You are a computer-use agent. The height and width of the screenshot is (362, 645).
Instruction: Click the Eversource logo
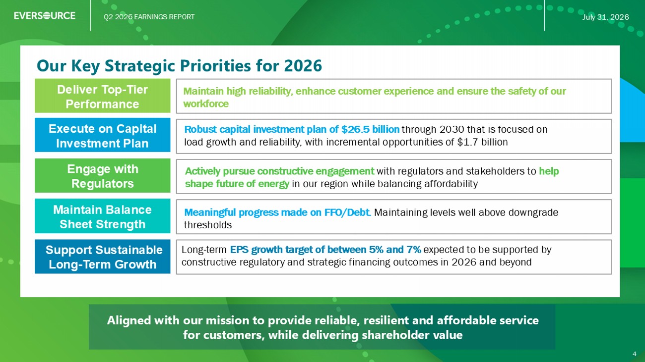[45, 15]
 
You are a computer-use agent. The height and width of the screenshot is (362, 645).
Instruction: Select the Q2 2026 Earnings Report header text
[149, 17]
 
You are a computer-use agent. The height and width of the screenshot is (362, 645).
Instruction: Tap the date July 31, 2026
[605, 17]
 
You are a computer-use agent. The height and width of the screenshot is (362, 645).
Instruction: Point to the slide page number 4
[635, 354]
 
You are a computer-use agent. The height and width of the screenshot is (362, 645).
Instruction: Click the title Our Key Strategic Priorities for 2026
[179, 66]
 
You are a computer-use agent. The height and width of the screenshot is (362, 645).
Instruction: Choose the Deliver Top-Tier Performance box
[103, 96]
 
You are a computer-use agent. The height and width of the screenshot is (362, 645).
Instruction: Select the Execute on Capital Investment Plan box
[103, 135]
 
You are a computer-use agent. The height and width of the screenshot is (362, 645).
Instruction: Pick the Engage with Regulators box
[103, 176]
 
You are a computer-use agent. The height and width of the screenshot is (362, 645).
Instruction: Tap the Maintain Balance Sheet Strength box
[103, 216]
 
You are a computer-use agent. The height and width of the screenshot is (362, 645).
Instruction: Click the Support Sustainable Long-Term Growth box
[103, 257]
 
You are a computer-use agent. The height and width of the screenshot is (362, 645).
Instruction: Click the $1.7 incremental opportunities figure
[468, 142]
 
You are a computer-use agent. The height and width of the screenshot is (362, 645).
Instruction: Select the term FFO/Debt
[347, 212]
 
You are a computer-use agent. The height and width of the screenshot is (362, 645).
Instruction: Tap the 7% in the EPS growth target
[414, 250]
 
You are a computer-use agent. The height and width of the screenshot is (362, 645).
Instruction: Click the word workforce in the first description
[206, 103]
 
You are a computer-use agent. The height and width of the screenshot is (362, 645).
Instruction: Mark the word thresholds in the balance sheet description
[208, 225]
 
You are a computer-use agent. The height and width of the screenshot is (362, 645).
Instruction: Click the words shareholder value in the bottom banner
[412, 335]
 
